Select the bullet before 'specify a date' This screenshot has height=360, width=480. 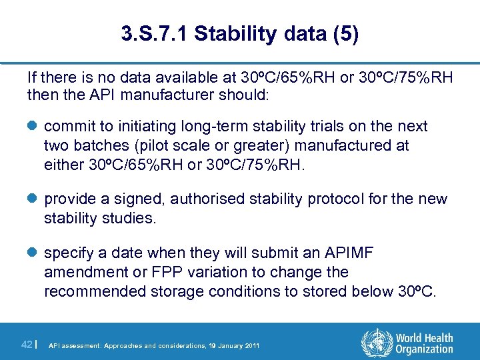[33, 253]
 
